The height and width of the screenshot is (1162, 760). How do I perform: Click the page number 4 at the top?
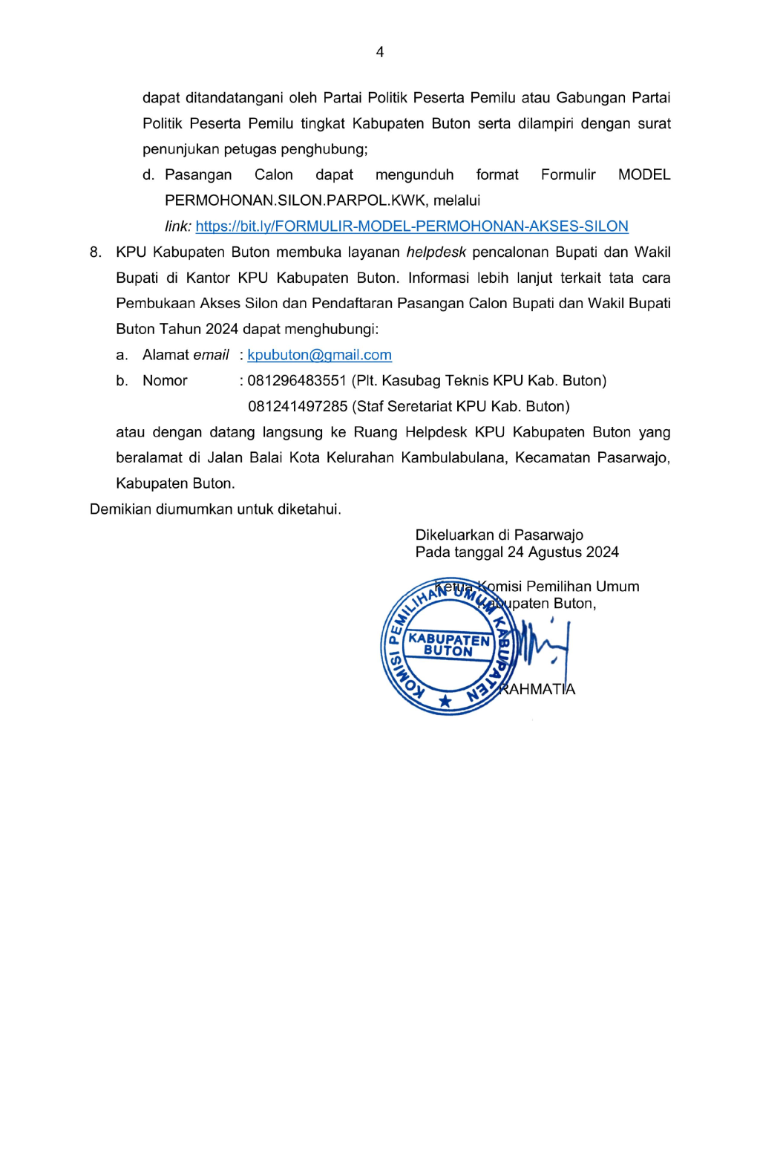point(380,52)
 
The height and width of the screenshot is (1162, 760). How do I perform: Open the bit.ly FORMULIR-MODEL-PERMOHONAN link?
point(412,226)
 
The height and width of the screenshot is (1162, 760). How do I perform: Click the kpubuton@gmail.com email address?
point(319,355)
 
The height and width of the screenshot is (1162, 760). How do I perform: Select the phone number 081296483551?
point(297,381)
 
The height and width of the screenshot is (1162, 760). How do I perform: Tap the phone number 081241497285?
point(298,407)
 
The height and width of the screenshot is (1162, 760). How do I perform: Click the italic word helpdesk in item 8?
point(436,252)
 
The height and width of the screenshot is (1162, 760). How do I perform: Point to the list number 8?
point(95,252)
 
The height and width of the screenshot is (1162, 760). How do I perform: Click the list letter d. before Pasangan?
point(148,175)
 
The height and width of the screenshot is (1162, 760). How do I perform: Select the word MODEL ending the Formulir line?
point(643,175)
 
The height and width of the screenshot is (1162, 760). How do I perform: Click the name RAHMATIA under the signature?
point(537,689)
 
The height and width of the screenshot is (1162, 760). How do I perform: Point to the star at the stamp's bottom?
point(445,701)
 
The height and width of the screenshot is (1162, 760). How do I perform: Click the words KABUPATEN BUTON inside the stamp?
point(448,645)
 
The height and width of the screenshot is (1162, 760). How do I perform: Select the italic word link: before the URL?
point(178,226)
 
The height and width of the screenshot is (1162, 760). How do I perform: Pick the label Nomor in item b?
point(165,381)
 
